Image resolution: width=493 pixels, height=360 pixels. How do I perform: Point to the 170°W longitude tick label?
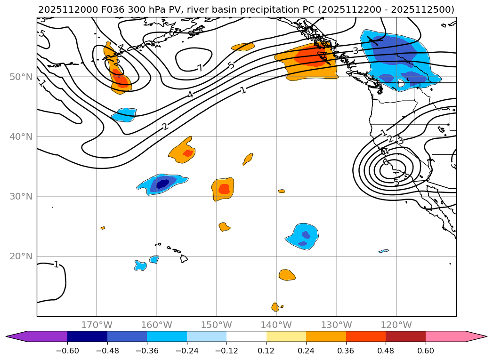coord(97,325)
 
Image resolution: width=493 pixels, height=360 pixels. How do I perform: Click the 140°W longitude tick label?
coord(276,325)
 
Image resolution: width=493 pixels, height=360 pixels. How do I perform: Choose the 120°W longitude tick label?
coord(396,325)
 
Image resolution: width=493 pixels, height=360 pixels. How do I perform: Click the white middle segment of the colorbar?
coord(246,336)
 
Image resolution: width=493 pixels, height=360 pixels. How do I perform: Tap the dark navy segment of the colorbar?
coord(87,336)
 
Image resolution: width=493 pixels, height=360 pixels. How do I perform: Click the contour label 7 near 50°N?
coord(200,68)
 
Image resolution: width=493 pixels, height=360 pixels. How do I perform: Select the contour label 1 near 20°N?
coord(56,264)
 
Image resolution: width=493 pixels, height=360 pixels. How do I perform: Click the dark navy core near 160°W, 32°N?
coord(162,184)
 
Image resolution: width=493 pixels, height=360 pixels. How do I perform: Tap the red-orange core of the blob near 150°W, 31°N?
coord(224,189)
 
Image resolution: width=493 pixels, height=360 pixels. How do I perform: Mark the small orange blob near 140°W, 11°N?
coord(275,307)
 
